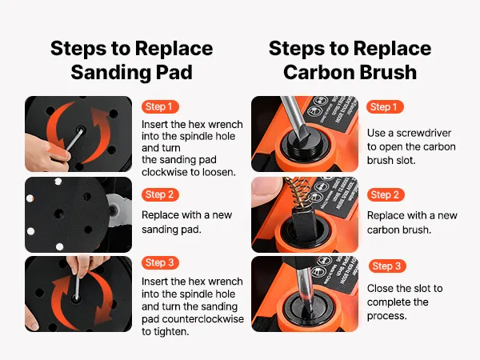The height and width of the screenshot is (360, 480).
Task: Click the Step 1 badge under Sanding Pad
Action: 160,107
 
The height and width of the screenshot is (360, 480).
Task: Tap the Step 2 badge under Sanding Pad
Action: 160,194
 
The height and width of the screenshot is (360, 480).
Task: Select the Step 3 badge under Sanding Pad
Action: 160,262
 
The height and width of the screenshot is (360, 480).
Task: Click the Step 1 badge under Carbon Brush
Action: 385,107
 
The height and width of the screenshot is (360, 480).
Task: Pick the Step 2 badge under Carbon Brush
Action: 385,194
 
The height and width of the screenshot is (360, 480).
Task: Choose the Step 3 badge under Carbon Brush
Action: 387,266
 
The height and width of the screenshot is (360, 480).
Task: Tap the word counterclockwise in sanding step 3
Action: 203,319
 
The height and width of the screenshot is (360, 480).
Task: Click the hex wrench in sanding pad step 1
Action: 74,139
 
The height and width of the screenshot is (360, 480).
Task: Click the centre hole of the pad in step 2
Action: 58,214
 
